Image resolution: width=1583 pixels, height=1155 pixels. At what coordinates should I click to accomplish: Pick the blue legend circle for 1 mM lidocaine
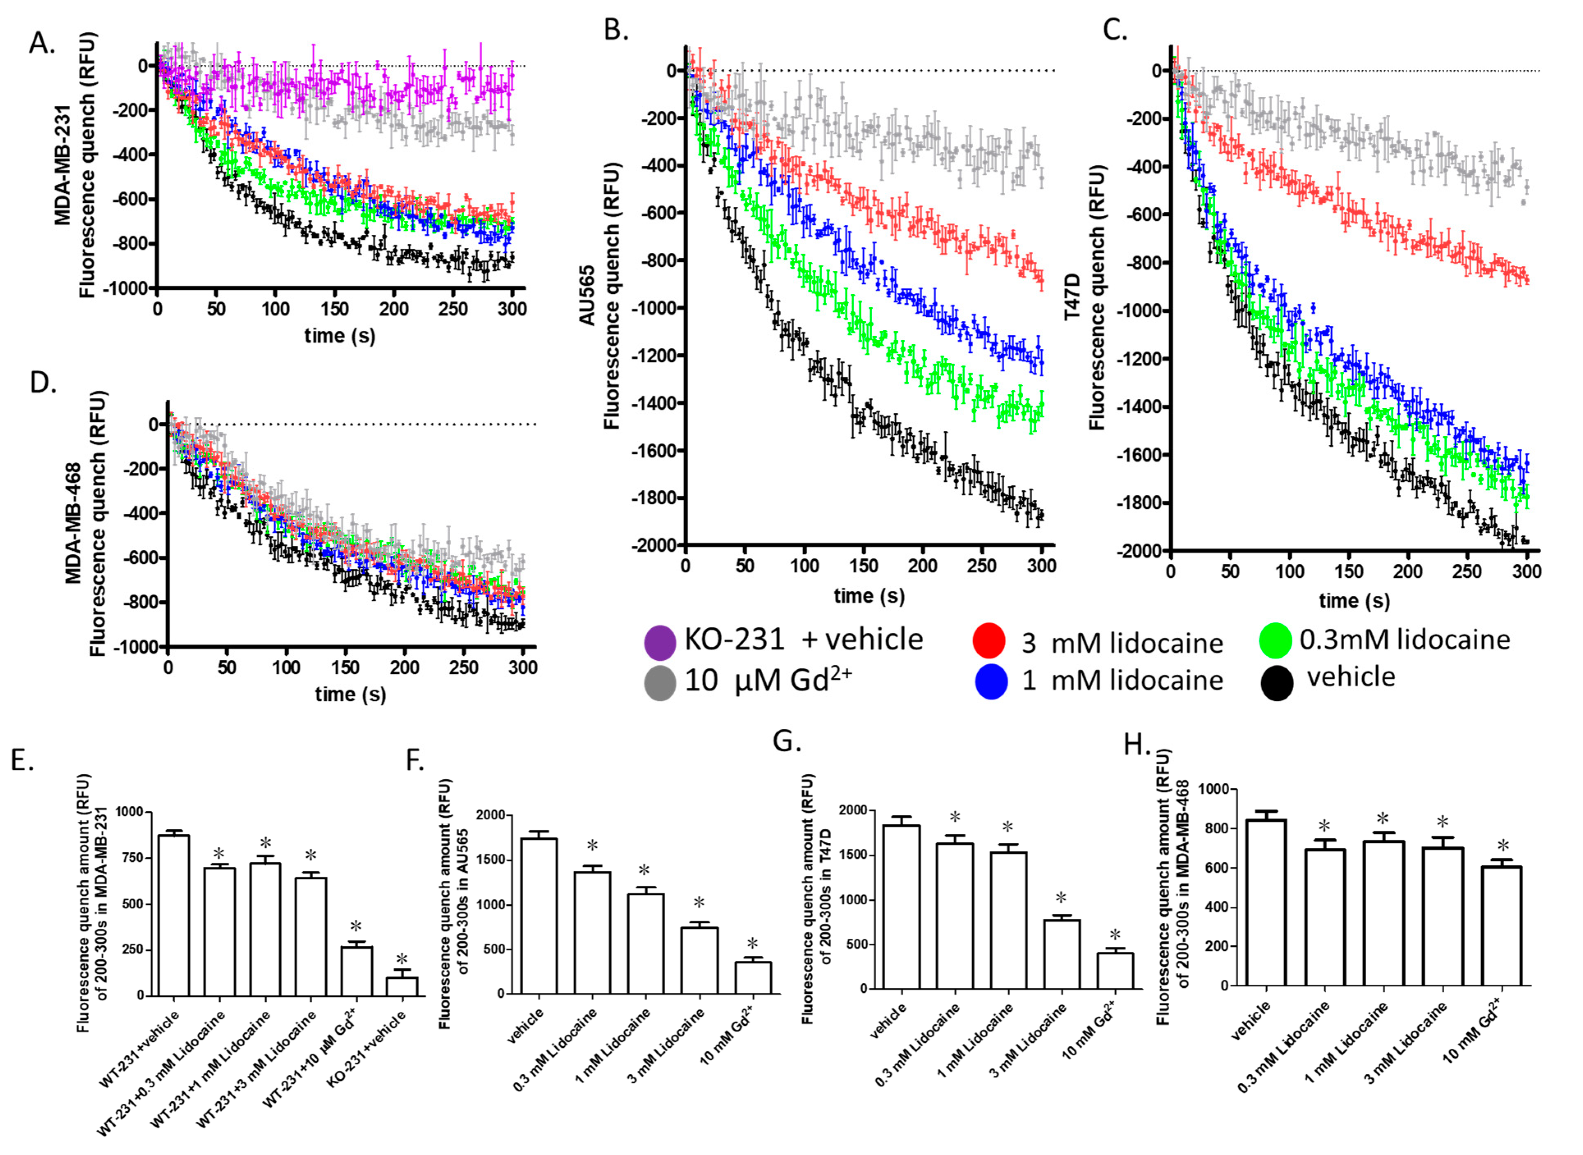tap(991, 682)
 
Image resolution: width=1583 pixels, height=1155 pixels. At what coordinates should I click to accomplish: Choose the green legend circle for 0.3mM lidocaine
tap(1275, 640)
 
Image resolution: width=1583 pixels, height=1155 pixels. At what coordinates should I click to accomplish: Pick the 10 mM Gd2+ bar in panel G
tap(1115, 971)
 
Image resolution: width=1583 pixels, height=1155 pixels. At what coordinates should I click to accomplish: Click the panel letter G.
tap(787, 740)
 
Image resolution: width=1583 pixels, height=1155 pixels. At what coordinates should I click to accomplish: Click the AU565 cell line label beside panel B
tap(587, 295)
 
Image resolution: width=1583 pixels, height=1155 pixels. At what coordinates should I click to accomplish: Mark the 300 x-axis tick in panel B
tap(1042, 566)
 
